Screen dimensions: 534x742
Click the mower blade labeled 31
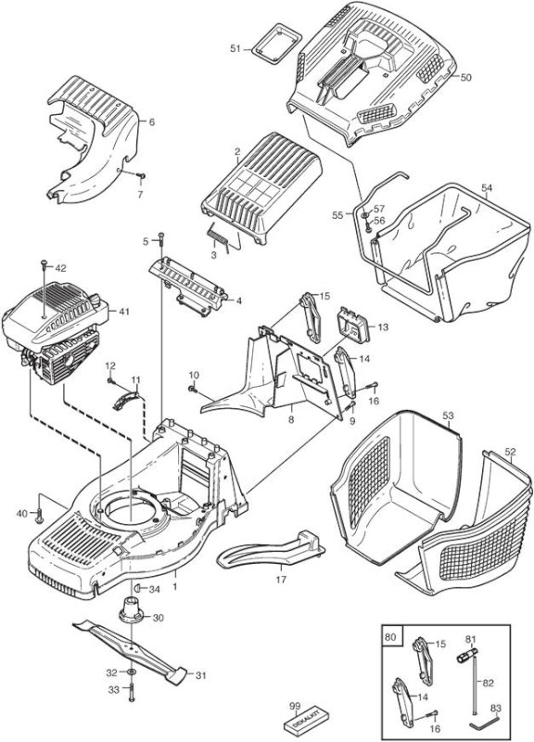click(130, 651)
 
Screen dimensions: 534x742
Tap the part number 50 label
click(466, 77)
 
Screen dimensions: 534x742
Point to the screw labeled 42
click(44, 266)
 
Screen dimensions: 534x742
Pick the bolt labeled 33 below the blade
click(131, 693)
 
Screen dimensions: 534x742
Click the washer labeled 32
click(131, 672)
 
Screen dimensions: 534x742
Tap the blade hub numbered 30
click(131, 611)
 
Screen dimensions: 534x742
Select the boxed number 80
click(391, 636)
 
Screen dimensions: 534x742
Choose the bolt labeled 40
click(39, 515)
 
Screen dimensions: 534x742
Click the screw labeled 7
click(140, 175)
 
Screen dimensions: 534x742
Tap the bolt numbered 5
click(161, 239)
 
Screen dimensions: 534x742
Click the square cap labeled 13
click(352, 326)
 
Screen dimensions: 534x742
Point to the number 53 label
click(448, 416)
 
